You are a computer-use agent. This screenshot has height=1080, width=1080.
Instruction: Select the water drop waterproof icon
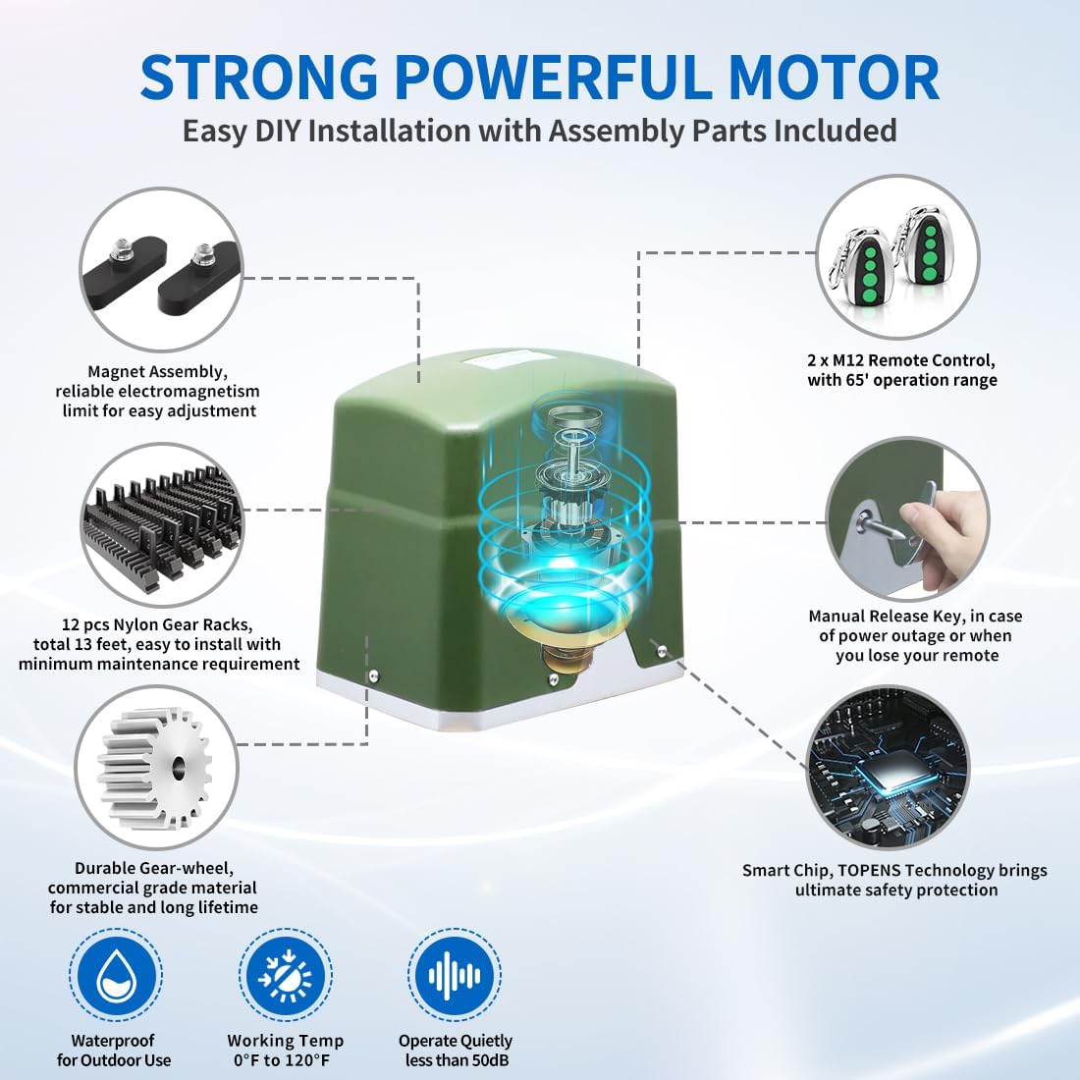click(x=116, y=975)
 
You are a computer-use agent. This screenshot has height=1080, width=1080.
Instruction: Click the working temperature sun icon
click(x=285, y=975)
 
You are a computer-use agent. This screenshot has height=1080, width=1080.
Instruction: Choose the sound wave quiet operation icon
click(x=455, y=975)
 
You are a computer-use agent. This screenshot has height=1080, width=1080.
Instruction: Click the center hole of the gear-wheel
click(x=179, y=765)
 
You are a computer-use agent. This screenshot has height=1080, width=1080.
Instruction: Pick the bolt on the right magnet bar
click(x=203, y=254)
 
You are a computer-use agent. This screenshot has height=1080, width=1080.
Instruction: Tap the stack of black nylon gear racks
click(x=163, y=522)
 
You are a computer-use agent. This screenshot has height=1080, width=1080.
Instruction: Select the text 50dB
click(x=487, y=1059)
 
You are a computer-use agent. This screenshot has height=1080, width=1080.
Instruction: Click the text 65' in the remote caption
click(x=876, y=380)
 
